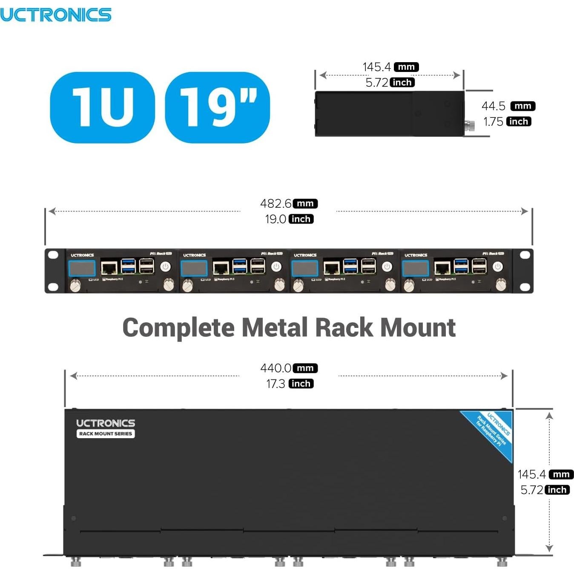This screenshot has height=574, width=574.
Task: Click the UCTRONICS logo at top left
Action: (55, 15)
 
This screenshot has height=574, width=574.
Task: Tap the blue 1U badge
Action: (102, 107)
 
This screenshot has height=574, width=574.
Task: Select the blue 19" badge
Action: (217, 107)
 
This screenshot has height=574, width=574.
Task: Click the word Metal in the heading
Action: (275, 327)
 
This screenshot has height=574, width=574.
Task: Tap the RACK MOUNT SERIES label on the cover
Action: (106, 434)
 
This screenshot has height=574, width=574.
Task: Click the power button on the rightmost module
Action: (497, 267)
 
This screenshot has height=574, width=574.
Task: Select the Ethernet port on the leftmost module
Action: (109, 268)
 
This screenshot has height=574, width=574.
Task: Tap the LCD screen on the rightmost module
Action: (416, 268)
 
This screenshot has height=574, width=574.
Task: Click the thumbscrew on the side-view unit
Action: (469, 126)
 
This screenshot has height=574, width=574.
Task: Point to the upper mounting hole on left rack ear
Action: (53, 255)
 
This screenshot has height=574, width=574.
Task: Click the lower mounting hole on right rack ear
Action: (525, 287)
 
